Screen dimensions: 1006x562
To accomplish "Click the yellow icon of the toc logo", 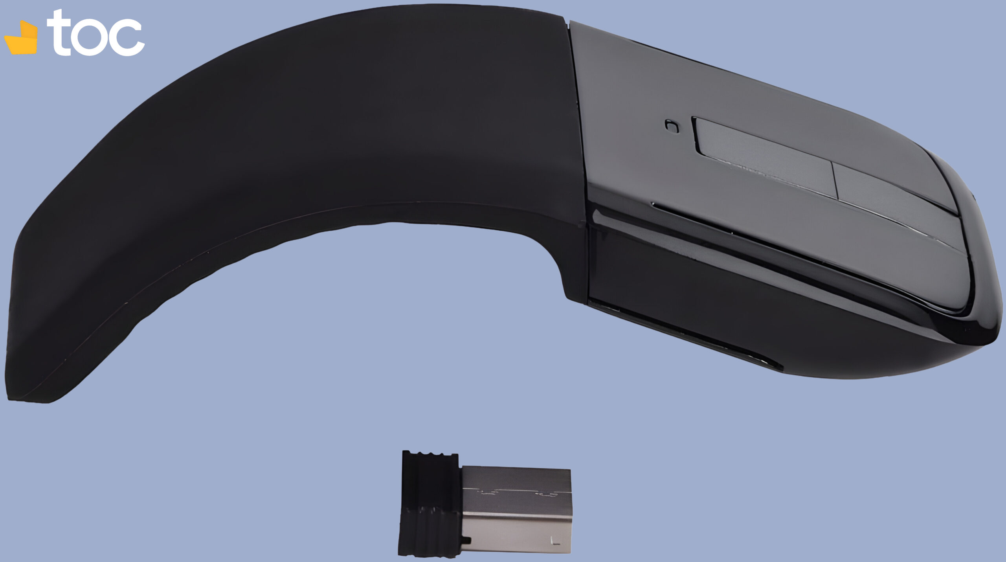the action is click(22, 39).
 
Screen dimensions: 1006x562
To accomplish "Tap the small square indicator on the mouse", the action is click(672, 126).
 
